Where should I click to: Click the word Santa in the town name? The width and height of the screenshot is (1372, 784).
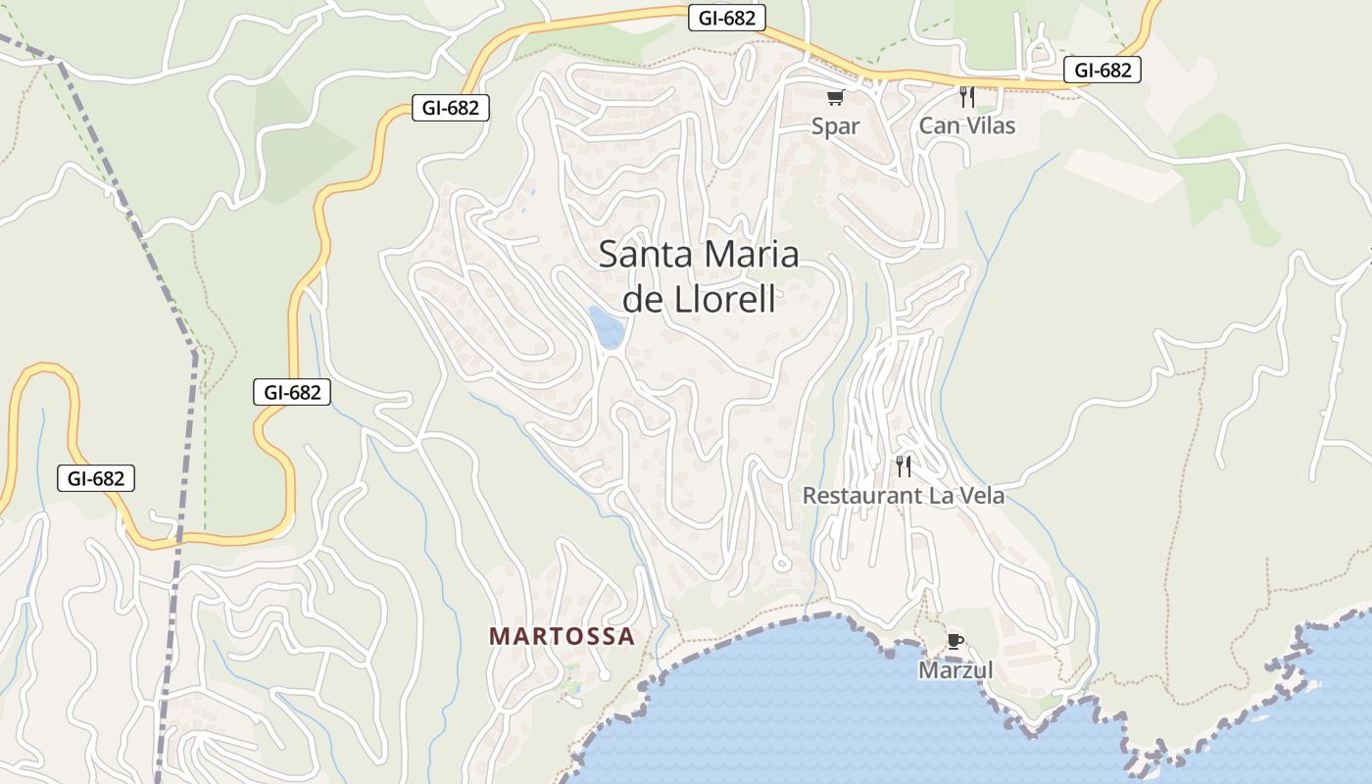(634, 255)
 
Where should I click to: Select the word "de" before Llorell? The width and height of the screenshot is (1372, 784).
(643, 299)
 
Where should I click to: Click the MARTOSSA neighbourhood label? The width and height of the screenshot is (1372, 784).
(562, 636)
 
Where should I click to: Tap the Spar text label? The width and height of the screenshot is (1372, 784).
(835, 125)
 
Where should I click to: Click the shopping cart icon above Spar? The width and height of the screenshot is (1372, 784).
(835, 97)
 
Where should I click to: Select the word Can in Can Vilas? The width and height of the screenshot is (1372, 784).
(938, 125)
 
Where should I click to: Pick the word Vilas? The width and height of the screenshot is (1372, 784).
(989, 125)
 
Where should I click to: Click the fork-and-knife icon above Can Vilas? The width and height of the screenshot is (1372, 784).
(966, 96)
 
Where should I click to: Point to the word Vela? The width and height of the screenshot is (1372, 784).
(982, 496)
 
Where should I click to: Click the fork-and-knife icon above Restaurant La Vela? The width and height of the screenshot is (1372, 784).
(904, 466)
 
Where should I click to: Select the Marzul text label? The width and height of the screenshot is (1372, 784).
(955, 670)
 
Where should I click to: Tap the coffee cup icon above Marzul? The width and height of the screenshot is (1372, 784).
(955, 642)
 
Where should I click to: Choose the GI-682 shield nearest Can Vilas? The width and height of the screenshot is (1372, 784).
(1102, 70)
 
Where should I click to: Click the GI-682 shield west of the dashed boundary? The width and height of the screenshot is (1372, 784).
(95, 478)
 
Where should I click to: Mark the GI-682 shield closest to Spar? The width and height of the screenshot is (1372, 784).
(726, 17)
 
